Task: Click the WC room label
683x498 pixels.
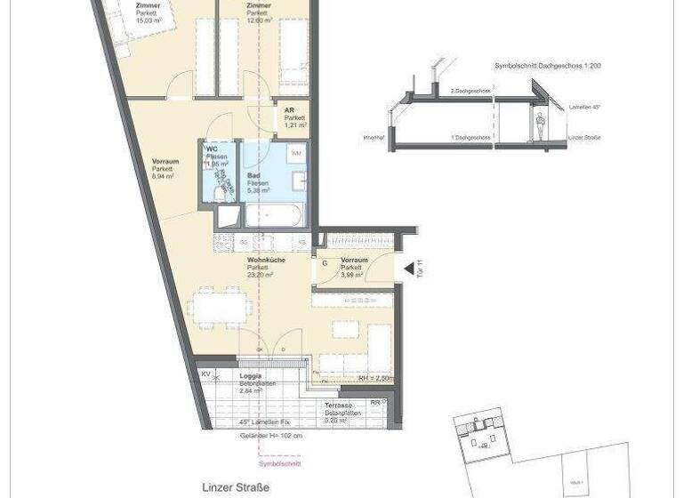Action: coord(213,149)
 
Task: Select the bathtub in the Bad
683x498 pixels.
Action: coord(275,214)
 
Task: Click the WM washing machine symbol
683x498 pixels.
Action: coord(295,155)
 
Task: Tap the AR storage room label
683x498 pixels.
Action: coord(290,111)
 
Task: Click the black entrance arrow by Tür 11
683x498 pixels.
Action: coord(406,269)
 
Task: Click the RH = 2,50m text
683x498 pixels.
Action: coord(375,378)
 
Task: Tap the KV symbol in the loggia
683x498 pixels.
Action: coord(206,374)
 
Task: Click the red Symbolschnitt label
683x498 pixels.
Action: coord(279,464)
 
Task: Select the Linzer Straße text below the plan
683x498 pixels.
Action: coord(236,486)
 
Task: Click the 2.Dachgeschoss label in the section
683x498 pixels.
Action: coord(470,92)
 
